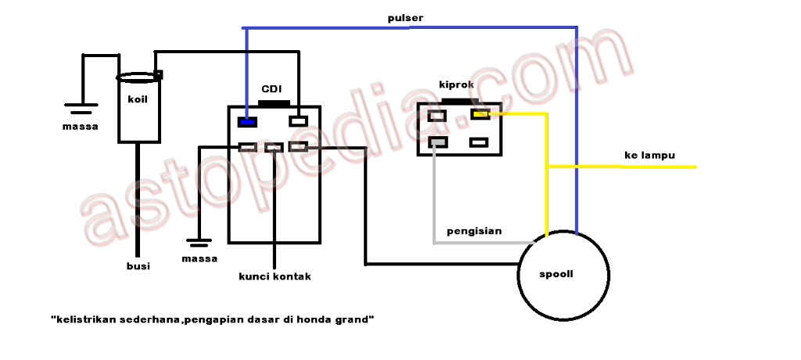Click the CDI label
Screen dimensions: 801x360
(271, 89)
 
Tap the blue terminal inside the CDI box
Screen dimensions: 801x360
(248, 121)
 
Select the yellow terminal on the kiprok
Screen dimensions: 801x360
(480, 115)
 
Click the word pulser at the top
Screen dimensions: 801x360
(407, 17)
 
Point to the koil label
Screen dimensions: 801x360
(138, 99)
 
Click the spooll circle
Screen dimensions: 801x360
(563, 275)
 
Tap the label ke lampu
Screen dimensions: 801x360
(649, 155)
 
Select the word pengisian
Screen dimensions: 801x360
(474, 231)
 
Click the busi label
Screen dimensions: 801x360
(138, 266)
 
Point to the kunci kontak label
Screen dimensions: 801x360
(275, 276)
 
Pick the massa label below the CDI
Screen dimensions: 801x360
(199, 258)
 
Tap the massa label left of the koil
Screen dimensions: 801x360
(81, 125)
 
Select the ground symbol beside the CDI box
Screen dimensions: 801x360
(200, 243)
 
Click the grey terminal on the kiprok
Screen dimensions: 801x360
(438, 142)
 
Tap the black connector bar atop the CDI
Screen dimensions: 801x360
(274, 103)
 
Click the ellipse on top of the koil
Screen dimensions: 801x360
(139, 77)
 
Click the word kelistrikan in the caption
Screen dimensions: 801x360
(84, 319)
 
